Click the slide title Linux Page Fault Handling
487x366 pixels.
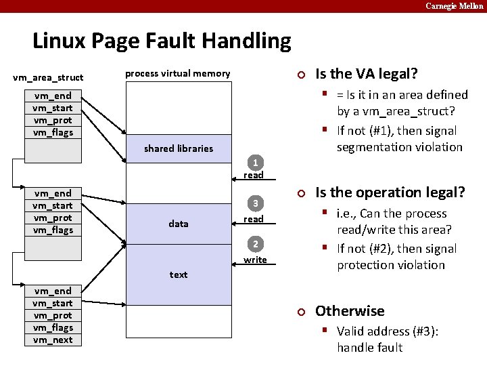(162, 41)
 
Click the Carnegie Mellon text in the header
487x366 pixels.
(454, 6)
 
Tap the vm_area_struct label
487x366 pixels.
(48, 77)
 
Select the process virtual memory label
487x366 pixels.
(178, 73)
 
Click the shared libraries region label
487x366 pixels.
(179, 148)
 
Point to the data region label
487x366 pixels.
(179, 224)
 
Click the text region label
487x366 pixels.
(179, 274)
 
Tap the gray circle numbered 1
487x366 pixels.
(255, 163)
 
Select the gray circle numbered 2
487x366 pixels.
(255, 244)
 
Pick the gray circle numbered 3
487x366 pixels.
(255, 203)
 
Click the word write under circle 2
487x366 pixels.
(255, 260)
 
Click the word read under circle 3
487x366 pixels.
(254, 219)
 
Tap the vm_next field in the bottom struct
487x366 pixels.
(53, 340)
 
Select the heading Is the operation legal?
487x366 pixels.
(390, 192)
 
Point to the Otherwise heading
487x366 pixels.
(350, 311)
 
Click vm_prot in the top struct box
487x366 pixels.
(53, 120)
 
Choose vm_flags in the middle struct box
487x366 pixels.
(53, 230)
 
